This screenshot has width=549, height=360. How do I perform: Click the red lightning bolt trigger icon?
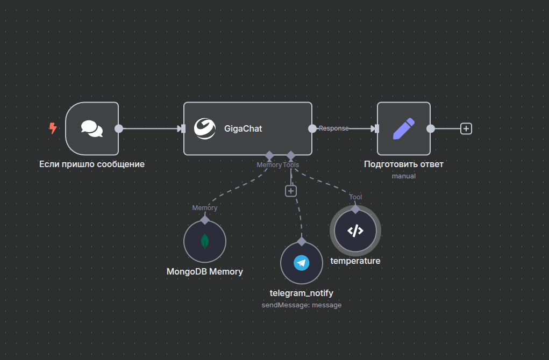(x=53, y=128)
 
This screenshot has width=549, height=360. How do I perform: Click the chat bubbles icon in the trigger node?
(x=92, y=128)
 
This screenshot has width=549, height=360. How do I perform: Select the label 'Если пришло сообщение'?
(x=92, y=164)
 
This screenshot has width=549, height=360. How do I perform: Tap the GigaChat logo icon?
(x=204, y=128)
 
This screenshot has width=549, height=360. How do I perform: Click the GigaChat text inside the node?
(x=243, y=129)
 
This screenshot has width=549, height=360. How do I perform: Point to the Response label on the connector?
(x=333, y=128)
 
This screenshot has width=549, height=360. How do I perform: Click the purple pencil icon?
(x=404, y=128)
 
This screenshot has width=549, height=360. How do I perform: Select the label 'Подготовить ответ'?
(x=404, y=164)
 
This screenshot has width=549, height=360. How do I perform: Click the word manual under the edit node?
(x=404, y=176)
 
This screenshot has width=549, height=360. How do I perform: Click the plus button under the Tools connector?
(x=291, y=191)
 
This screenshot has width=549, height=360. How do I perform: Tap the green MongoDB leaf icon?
(x=205, y=241)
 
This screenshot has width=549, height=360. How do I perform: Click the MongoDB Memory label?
(x=205, y=271)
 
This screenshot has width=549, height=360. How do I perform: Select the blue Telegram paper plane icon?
(x=302, y=263)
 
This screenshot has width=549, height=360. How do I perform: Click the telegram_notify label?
(x=302, y=293)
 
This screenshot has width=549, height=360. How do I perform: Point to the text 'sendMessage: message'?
(x=302, y=305)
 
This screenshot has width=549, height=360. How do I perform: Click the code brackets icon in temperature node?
(x=355, y=231)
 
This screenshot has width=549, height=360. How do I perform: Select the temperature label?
(x=355, y=261)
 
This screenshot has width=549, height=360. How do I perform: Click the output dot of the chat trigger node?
(x=119, y=128)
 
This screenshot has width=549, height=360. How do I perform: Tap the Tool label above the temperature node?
(x=355, y=197)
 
